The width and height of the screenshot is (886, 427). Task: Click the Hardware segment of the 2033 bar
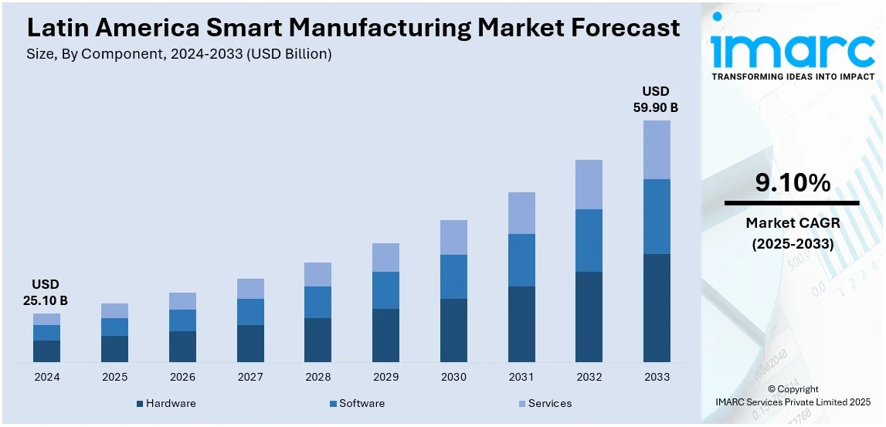(657, 307)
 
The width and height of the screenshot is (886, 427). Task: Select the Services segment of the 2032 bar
(589, 185)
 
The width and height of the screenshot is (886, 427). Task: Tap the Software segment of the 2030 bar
(453, 276)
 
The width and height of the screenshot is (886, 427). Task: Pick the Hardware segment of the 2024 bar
(46, 351)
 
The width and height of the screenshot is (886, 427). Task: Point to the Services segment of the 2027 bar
(250, 289)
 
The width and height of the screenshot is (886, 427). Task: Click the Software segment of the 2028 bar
(317, 302)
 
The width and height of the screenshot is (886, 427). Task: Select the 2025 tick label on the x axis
(114, 377)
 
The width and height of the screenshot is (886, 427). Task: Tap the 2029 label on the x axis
(385, 377)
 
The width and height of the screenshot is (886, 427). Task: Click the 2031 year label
(521, 377)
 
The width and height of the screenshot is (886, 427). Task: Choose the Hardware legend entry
(165, 403)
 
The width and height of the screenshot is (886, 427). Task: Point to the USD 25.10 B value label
(46, 292)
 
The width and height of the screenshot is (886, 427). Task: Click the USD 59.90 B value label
(656, 100)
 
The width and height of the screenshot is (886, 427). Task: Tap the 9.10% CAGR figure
(793, 183)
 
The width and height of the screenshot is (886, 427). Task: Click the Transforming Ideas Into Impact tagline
(793, 77)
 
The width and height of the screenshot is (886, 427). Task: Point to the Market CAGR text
(793, 223)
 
